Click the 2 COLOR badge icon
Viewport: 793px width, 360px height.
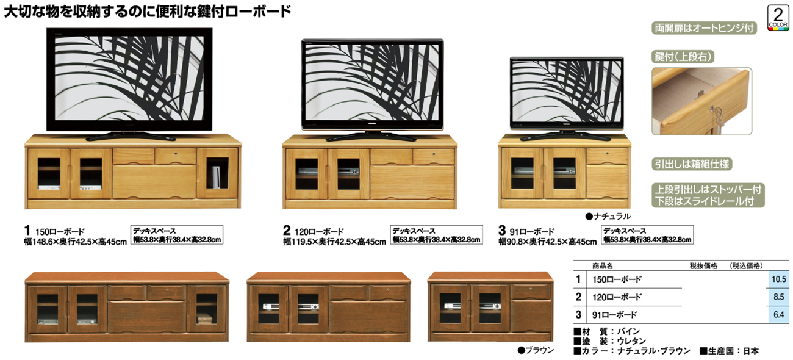[778, 18]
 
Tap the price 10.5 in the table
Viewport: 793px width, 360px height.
[778, 279]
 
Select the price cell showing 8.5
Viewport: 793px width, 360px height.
[778, 297]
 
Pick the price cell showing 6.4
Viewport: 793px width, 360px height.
[778, 314]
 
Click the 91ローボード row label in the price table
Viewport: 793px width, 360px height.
[614, 315]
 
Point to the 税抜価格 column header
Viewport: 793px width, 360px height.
[703, 266]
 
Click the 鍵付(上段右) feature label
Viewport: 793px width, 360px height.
[683, 57]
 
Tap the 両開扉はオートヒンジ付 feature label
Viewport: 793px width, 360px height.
[704, 28]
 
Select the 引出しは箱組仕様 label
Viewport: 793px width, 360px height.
[692, 164]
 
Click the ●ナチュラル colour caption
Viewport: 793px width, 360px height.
[608, 216]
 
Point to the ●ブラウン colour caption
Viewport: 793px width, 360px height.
[536, 350]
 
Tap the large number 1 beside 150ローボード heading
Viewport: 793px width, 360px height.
[27, 231]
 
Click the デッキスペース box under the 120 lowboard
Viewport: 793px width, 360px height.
[436, 235]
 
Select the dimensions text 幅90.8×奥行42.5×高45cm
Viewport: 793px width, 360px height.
[547, 242]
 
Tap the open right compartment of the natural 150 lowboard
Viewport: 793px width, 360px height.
[217, 173]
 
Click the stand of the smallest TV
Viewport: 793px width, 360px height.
[565, 135]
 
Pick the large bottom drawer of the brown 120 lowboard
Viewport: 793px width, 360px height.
[367, 317]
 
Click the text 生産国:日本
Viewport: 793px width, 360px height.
[730, 351]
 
